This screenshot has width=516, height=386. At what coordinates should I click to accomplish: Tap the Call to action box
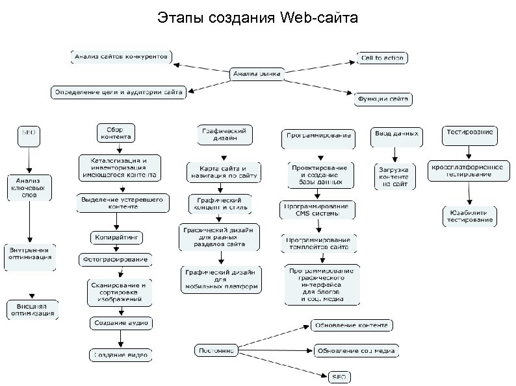click(381, 58)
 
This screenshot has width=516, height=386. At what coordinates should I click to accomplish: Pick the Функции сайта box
click(383, 99)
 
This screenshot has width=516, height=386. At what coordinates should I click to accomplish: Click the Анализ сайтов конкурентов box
click(121, 56)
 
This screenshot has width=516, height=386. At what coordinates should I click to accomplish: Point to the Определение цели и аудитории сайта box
click(118, 91)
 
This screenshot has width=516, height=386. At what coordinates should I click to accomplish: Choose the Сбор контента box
click(116, 133)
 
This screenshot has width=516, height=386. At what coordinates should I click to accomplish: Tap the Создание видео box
click(121, 355)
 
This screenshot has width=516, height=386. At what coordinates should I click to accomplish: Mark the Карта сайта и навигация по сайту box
click(223, 171)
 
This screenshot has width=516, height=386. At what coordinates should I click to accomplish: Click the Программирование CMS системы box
click(318, 210)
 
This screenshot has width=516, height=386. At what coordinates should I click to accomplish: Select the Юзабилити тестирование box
click(468, 216)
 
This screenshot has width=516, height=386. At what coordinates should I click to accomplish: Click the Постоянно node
click(215, 350)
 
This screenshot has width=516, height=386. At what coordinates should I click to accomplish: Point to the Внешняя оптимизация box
click(31, 309)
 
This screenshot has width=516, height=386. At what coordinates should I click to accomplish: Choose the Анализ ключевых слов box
click(29, 185)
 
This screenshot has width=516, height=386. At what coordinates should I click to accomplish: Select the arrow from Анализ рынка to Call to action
click(318, 66)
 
